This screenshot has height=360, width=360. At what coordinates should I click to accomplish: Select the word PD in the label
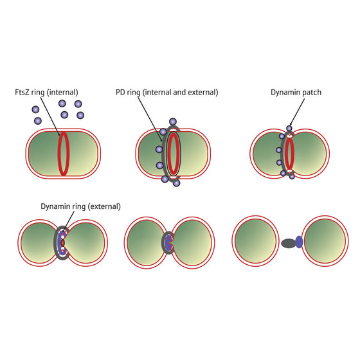pyautogui.click(x=139, y=93)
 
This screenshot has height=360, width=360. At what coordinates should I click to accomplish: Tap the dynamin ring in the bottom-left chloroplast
pyautogui.click(x=62, y=244)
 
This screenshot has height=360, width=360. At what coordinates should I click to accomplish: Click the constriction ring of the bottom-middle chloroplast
pyautogui.click(x=168, y=244)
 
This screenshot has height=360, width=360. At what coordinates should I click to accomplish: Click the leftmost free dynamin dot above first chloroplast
pyautogui.click(x=37, y=120)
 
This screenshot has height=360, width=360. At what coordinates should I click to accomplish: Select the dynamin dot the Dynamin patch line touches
pyautogui.click(x=289, y=129)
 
